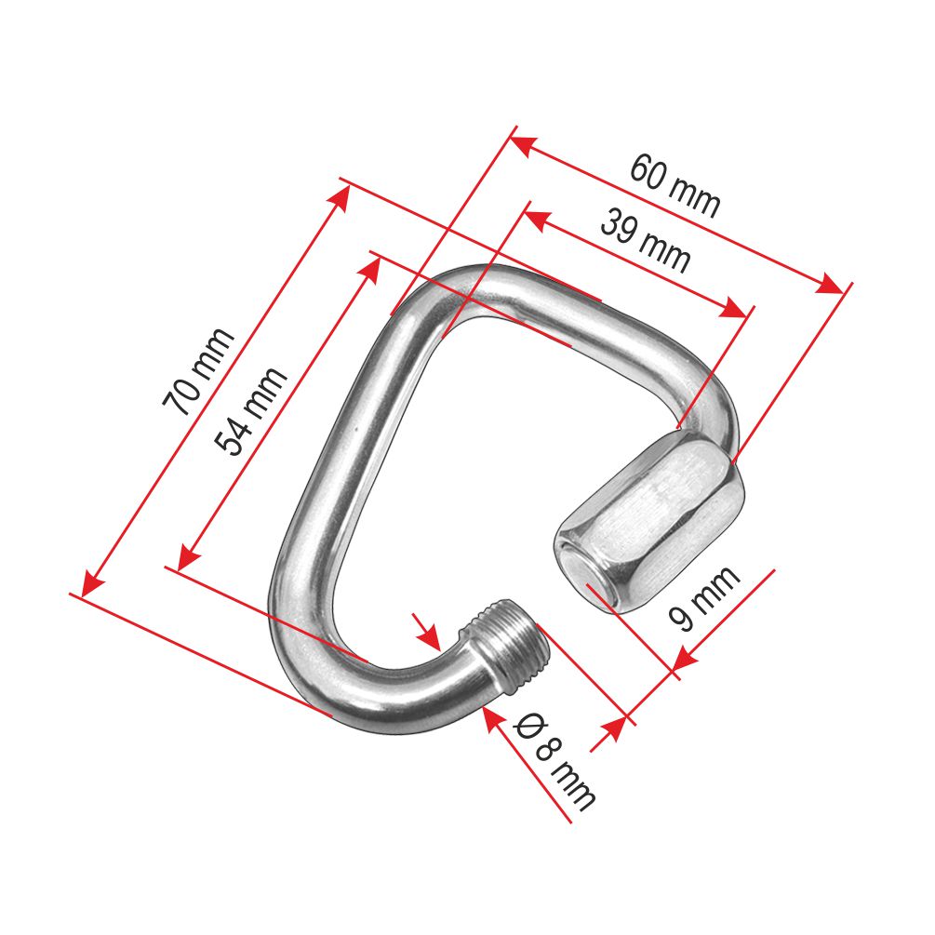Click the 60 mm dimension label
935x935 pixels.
tap(675, 185)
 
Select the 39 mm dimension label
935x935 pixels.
tap(646, 240)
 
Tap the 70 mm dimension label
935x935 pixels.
tap(198, 371)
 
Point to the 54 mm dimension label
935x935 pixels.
tap(251, 411)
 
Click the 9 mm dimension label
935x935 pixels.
tap(704, 597)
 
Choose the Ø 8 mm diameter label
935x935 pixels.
tap(554, 761)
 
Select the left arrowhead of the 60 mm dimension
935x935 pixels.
tap(520, 145)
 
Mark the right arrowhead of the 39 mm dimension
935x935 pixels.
tap(735, 309)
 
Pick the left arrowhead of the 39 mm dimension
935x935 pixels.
tap(536, 221)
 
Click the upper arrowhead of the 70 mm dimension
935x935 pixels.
tap(340, 197)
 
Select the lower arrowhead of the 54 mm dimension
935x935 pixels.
tap(187, 557)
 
